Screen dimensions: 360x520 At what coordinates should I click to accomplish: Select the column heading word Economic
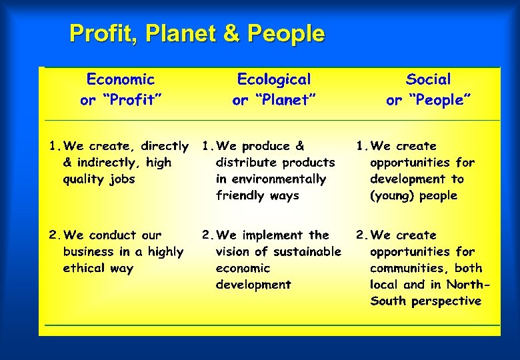coord(121,80)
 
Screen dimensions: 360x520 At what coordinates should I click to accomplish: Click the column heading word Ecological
coord(274,80)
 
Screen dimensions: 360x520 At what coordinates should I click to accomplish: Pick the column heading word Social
coord(429,80)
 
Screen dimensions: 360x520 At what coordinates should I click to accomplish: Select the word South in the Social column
coord(388,301)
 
